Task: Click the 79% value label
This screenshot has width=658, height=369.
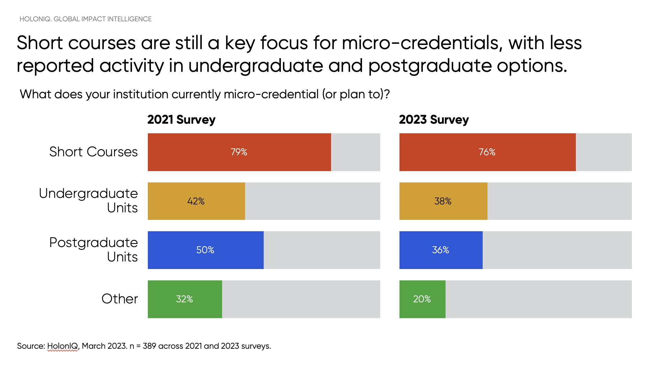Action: (239, 152)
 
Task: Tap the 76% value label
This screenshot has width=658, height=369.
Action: (487, 152)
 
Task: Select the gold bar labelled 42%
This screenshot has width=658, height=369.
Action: (196, 201)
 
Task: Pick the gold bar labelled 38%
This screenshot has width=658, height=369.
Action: (443, 201)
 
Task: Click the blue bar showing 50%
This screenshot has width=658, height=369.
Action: (206, 250)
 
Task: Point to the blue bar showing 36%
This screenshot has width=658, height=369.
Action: (441, 250)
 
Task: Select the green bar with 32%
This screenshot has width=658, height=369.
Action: (185, 299)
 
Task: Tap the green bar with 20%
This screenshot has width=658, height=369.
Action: (422, 299)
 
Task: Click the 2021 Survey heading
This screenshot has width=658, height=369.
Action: (181, 120)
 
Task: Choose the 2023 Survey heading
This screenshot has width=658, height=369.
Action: (434, 120)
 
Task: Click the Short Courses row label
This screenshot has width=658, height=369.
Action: (93, 152)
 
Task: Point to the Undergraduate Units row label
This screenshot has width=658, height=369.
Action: (88, 200)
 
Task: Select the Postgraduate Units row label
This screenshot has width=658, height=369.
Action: (93, 249)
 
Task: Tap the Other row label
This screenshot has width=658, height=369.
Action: (119, 299)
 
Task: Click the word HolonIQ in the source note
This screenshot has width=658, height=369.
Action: (63, 346)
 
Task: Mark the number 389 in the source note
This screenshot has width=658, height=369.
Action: (149, 346)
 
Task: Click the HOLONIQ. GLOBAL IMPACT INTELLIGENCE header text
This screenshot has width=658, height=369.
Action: (85, 19)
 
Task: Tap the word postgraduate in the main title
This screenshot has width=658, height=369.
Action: (430, 66)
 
